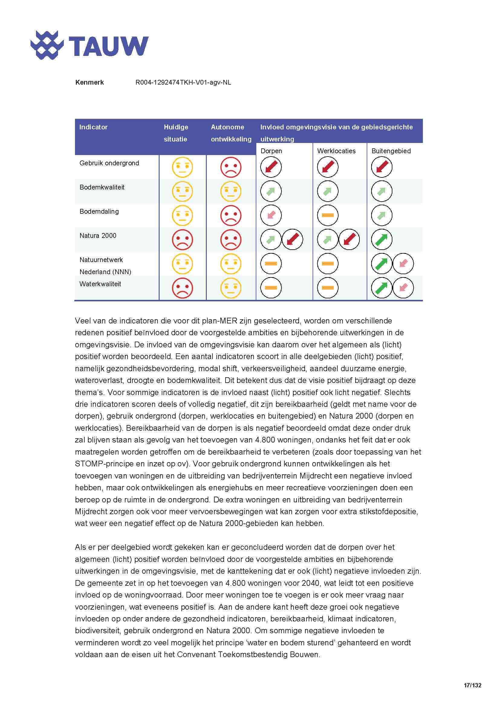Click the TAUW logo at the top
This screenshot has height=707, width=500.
click(89, 45)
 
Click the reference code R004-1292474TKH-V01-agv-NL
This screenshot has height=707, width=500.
click(183, 83)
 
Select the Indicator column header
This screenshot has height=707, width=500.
click(93, 127)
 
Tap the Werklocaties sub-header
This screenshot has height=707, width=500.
click(336, 151)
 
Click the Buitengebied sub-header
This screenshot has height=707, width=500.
click(391, 151)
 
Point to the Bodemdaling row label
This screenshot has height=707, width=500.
click(99, 212)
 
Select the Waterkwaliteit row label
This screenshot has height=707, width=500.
click(100, 284)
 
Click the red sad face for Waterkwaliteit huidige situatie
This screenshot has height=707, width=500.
click(182, 288)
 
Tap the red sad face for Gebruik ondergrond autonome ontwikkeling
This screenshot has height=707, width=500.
click(231, 167)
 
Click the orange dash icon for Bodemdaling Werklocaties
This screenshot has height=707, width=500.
click(328, 215)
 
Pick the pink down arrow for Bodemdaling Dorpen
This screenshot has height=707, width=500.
click(271, 215)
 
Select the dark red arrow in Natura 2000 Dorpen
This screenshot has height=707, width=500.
click(292, 239)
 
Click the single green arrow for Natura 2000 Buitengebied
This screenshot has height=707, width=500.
click(381, 239)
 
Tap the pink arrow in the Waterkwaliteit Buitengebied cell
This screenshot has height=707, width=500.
click(403, 288)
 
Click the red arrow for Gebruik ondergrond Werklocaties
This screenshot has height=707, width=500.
click(328, 167)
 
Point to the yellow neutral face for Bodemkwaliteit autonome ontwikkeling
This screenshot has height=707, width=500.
click(231, 191)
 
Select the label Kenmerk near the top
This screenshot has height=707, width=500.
click(89, 83)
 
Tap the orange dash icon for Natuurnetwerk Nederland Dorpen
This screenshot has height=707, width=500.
click(271, 264)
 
